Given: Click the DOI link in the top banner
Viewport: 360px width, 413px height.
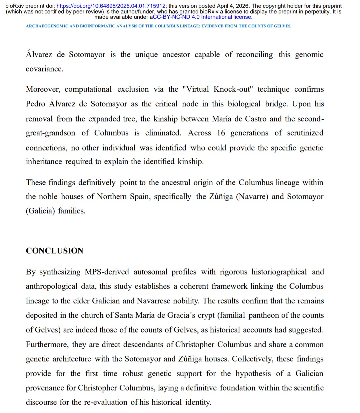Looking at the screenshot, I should click(x=111, y=6).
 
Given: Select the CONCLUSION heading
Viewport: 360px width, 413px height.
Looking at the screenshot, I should click(x=54, y=251).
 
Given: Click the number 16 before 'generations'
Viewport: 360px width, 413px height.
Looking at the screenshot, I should click(x=221, y=133).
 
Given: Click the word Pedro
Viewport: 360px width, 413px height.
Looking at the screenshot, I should click(x=35, y=104).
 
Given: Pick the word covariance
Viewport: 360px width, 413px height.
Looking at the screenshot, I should click(x=44, y=69).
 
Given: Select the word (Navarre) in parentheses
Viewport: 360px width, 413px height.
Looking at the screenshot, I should click(x=252, y=197).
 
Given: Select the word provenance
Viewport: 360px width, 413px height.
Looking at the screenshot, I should click(x=50, y=388).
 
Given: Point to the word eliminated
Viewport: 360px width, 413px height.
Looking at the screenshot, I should click(x=163, y=133).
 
